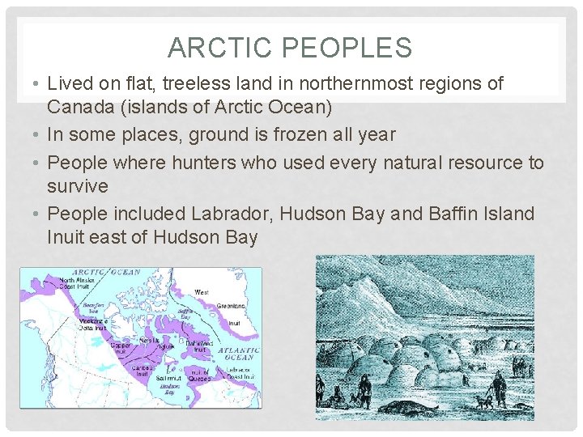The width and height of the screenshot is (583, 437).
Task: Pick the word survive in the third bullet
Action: [78, 186]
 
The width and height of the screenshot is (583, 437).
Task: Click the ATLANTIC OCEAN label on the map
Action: [238, 354]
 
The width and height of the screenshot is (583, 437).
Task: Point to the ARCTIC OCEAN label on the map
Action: [106, 273]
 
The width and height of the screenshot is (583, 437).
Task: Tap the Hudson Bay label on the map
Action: [168, 388]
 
